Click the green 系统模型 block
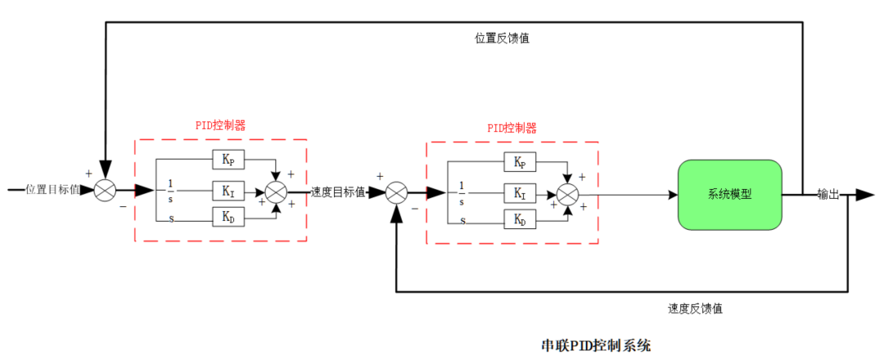coord(729,195)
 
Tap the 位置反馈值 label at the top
coord(502,38)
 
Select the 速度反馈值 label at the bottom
coord(695,308)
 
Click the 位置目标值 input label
coord(53,190)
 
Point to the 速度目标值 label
coord(337,192)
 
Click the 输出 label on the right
coord(828,195)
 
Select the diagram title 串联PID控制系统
coord(596,345)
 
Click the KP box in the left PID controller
coord(228,160)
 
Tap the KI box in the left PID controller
coord(228,191)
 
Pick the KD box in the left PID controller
coord(228,218)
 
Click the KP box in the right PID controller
coord(520,162)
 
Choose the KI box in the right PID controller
coord(520,193)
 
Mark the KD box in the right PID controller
coord(520,219)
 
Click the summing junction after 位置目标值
coord(105,191)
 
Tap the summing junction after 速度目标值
coord(397,193)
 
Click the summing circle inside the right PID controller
coord(568,194)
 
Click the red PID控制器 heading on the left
coord(220,125)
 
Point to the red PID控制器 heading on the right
coord(512,128)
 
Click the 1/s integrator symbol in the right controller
coord(462,193)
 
